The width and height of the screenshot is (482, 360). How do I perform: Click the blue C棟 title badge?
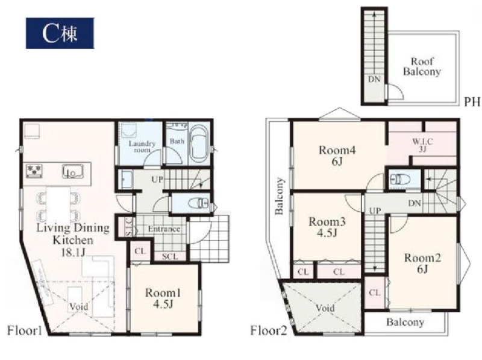[60, 33]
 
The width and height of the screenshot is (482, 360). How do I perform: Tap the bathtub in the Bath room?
[199, 144]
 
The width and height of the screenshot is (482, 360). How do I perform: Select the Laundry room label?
[142, 147]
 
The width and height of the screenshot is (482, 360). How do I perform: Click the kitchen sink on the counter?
[72, 171]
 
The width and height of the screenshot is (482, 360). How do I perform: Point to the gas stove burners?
[34, 171]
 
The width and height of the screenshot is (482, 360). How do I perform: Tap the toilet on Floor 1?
[198, 203]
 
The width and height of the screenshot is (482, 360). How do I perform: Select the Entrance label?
[164, 229]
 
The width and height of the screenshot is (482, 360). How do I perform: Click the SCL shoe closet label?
[170, 256]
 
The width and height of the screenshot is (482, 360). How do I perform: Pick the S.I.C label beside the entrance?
[129, 227]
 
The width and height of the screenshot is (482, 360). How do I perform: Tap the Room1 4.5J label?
[163, 298]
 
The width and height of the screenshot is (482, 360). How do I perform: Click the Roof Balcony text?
[422, 66]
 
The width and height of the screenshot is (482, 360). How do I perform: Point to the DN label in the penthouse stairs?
[374, 80]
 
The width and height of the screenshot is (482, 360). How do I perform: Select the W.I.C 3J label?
[423, 145]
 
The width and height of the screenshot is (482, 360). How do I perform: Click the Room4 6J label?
[337, 156]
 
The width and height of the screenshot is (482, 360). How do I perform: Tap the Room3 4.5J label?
[327, 227]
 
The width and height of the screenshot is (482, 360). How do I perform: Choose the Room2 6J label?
[422, 264]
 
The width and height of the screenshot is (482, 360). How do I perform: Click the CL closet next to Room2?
[374, 292]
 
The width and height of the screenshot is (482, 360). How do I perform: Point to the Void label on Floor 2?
[325, 308]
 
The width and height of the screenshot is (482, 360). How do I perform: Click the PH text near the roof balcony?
[472, 101]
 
